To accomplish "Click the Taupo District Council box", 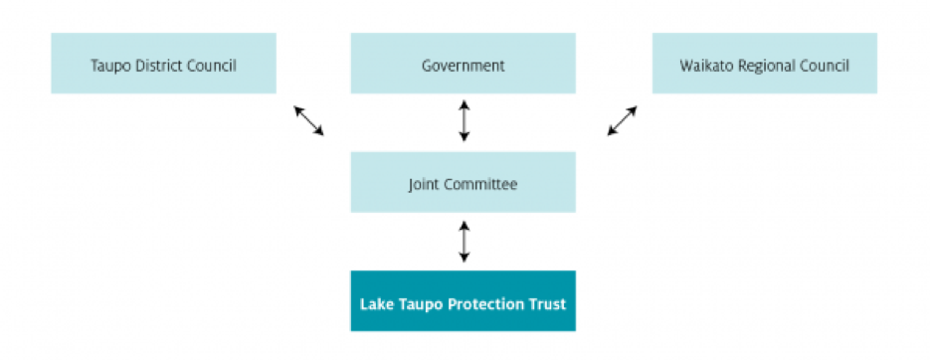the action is [x=163, y=64].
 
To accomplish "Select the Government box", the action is [x=463, y=64].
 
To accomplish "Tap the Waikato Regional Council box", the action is [x=764, y=64].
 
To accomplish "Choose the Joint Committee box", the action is [x=463, y=183].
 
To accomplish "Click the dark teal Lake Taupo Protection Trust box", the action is [x=463, y=301].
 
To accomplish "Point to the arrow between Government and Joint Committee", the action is [x=463, y=120].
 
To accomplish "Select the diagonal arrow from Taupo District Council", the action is [x=308, y=120].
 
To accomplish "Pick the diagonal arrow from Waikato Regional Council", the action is [x=623, y=120].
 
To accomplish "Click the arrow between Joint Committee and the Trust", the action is [x=463, y=242].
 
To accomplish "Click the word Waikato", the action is [x=705, y=67].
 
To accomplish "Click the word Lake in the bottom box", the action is [x=374, y=303].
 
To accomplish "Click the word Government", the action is [x=463, y=67].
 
